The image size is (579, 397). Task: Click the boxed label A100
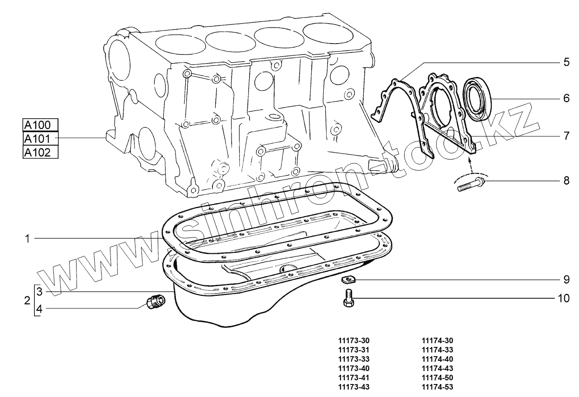pos(40,125)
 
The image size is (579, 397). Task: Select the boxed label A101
pos(40,139)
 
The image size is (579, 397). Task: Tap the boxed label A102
pos(40,152)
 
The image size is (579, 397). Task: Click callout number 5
pos(566,62)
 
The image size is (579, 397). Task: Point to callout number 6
pos(566,98)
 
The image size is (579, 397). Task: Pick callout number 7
pos(566,136)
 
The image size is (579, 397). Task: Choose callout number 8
pos(566,180)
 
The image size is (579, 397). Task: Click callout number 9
pos(566,280)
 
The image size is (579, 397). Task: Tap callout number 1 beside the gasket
pos(28,238)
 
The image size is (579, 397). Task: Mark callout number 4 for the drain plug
pos(39,309)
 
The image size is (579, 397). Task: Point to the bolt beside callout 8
pos(470,184)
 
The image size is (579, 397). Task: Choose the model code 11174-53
pos(437,387)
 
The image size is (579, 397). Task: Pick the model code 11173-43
pos(354,387)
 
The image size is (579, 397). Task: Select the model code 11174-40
pos(437,359)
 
